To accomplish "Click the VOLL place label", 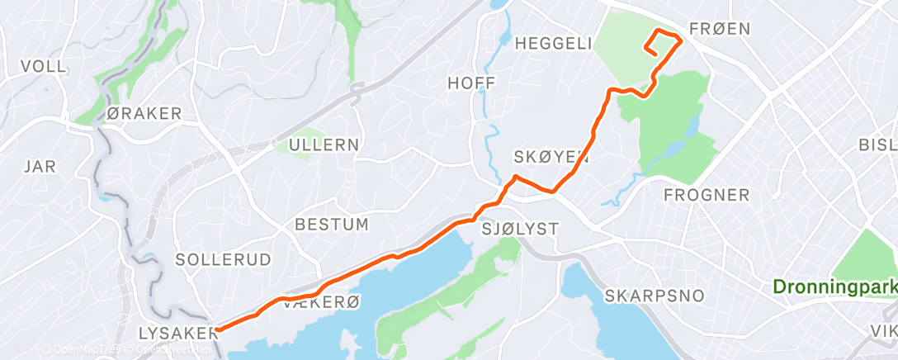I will [x=43, y=67].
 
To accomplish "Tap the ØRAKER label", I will [x=144, y=114].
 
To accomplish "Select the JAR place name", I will [x=40, y=167].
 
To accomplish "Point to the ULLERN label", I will [x=324, y=145].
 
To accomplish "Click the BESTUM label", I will [x=332, y=225].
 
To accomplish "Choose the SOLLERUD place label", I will [x=223, y=259].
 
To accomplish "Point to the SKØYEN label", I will [x=551, y=157].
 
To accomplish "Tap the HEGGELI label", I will [x=553, y=44].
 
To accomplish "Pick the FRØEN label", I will [x=721, y=29].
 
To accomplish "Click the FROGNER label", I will [x=707, y=195].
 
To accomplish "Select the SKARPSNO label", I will [x=654, y=296].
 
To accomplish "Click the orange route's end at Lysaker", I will [x=217, y=330].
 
